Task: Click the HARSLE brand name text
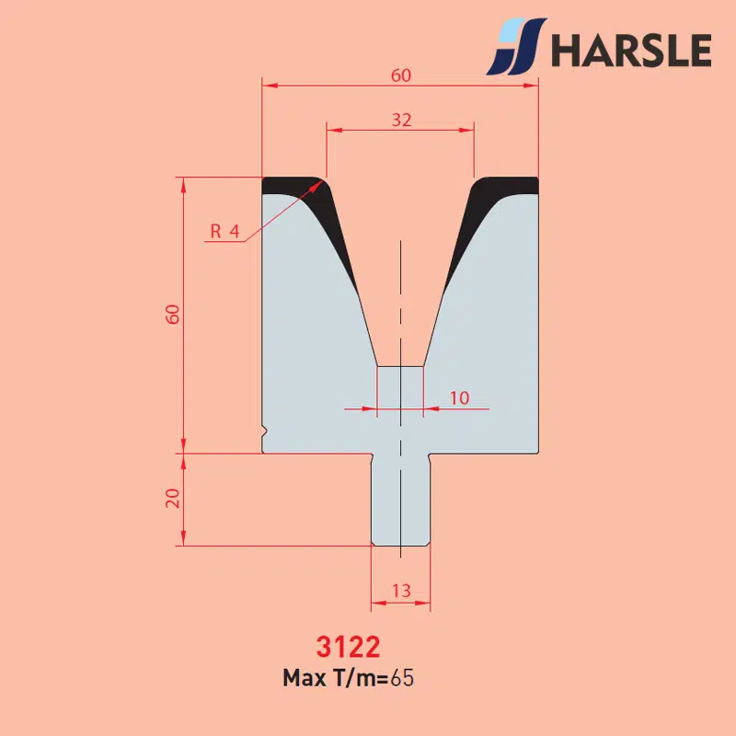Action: [631, 50]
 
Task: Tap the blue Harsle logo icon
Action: [516, 47]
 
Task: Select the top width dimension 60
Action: [401, 75]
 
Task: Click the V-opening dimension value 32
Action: [401, 121]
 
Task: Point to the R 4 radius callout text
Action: [224, 231]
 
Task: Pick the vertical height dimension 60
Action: [173, 314]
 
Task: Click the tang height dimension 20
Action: [173, 498]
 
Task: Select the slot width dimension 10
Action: [459, 398]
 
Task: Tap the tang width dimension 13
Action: [401, 591]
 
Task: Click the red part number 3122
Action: [348, 647]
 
